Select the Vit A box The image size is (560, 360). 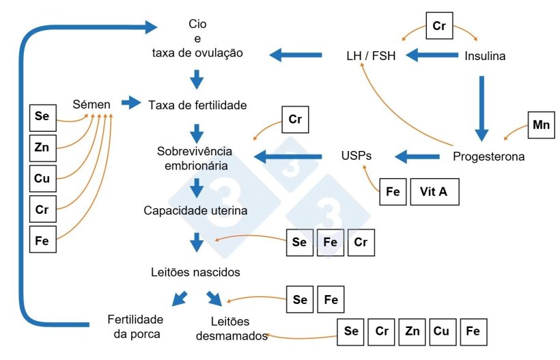(434, 192)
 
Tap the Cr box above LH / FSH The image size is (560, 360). (439, 26)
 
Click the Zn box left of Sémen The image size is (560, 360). (42, 146)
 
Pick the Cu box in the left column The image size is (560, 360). (42, 178)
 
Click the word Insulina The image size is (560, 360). (486, 56)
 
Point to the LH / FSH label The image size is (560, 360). (370, 56)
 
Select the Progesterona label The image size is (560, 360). (489, 156)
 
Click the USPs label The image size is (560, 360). (356, 156)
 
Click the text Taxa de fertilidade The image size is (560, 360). (197, 105)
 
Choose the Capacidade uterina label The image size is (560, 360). (195, 210)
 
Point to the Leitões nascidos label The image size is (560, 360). (195, 272)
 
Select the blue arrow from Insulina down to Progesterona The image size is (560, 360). (483, 102)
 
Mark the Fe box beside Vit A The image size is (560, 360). (393, 192)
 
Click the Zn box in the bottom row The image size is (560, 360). (412, 331)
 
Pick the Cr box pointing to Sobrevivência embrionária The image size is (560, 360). (295, 119)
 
